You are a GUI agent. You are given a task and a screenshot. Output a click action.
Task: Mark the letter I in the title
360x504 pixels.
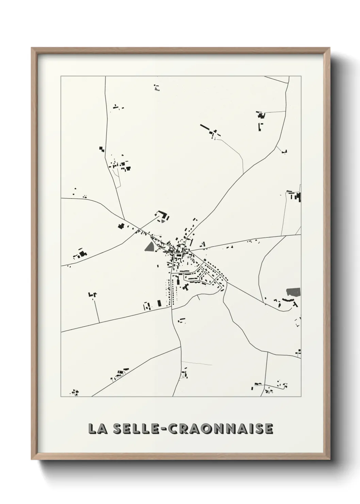point(250,429)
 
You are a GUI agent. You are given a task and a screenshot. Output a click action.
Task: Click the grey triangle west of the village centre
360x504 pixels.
point(149,247)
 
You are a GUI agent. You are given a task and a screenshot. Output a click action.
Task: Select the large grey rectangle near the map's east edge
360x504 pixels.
point(293,292)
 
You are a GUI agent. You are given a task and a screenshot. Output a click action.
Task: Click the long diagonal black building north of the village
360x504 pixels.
point(205,127)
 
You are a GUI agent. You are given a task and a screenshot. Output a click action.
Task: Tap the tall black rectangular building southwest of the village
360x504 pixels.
point(159,303)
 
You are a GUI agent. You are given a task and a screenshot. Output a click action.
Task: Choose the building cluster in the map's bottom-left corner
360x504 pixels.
point(75,393)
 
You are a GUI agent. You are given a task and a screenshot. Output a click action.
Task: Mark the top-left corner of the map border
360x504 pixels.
point(61,76)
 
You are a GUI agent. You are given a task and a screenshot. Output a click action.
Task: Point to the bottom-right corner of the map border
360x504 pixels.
point(301,396)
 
